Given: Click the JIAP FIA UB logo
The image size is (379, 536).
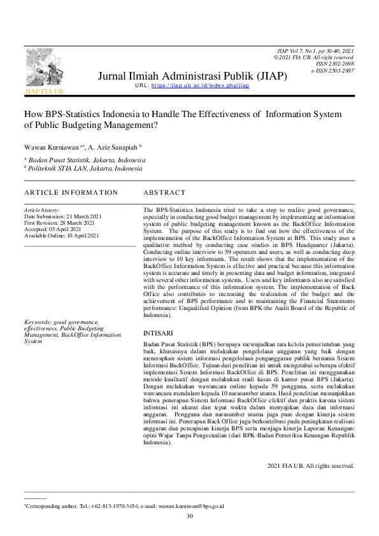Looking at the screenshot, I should (44, 71).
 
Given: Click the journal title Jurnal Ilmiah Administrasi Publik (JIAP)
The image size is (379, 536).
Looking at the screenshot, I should (192, 76).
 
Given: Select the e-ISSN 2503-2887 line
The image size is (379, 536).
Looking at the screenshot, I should (332, 71).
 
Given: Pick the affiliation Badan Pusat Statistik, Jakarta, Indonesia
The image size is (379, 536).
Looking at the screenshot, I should (87, 160).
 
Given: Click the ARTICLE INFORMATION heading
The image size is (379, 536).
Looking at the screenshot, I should (71, 192).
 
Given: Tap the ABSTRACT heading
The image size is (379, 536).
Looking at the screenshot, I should (164, 192).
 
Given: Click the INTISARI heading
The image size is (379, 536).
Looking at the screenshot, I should (157, 332).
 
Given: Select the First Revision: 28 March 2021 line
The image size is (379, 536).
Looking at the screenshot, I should (59, 223).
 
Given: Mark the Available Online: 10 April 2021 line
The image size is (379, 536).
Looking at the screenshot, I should (62, 236).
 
